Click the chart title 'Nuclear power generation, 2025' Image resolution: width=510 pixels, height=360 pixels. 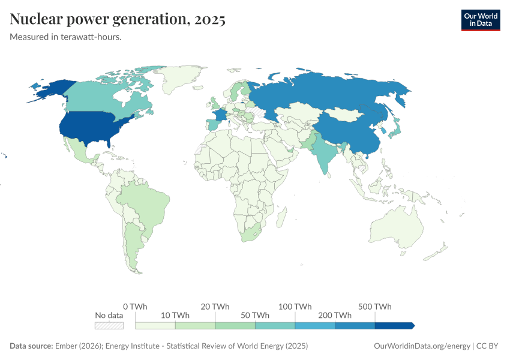point(118,20)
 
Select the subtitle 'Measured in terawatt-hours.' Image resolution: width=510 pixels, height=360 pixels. point(66,37)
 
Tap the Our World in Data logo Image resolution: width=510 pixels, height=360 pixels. point(480,20)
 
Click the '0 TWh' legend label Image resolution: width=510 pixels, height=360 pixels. point(135,307)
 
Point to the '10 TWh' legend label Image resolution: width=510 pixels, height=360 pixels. point(175,315)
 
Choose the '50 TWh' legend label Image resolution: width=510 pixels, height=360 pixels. point(255,315)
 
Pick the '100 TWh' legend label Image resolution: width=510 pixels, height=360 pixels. point(295,307)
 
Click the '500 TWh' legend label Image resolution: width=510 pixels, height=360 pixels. point(375,307)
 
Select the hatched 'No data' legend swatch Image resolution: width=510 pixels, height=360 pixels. point(109,325)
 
